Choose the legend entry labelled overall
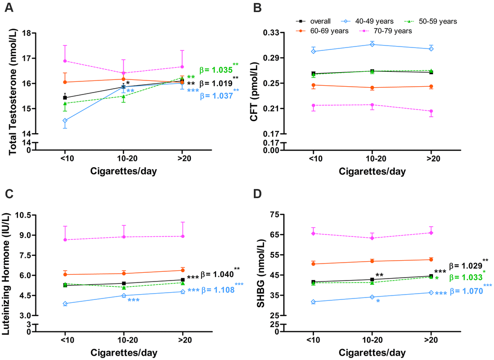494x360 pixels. tap(315, 21)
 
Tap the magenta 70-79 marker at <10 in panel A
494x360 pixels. tap(65, 61)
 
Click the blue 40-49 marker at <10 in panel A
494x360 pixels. tap(65, 121)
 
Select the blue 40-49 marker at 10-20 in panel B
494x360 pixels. tap(372, 45)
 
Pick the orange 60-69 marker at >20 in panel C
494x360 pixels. tap(183, 270)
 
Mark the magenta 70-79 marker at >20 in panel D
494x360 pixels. tap(431, 233)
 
